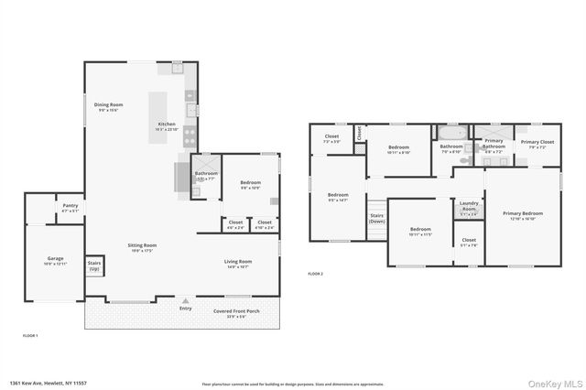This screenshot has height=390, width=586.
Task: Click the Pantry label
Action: tap(71, 207)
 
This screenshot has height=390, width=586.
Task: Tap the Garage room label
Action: tap(56, 260)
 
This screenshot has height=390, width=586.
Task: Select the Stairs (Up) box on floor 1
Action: tap(94, 265)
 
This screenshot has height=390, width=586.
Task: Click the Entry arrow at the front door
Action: tap(187, 299)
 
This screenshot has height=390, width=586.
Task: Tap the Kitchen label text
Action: tap(166, 124)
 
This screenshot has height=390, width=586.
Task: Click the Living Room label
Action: tap(238, 262)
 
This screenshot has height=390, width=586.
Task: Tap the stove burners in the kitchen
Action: tap(190, 136)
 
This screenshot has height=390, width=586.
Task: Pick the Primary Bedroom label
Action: tap(523, 215)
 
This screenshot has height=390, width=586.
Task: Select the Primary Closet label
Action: tap(537, 143)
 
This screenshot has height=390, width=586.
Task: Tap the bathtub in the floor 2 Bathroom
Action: tap(452, 133)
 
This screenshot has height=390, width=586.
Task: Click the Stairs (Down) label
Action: tap(376, 219)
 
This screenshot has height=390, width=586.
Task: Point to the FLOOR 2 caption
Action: tap(315, 274)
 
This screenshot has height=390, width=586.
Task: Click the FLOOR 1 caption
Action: tap(29, 336)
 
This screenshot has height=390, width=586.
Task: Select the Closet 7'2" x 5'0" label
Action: tap(331, 138)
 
